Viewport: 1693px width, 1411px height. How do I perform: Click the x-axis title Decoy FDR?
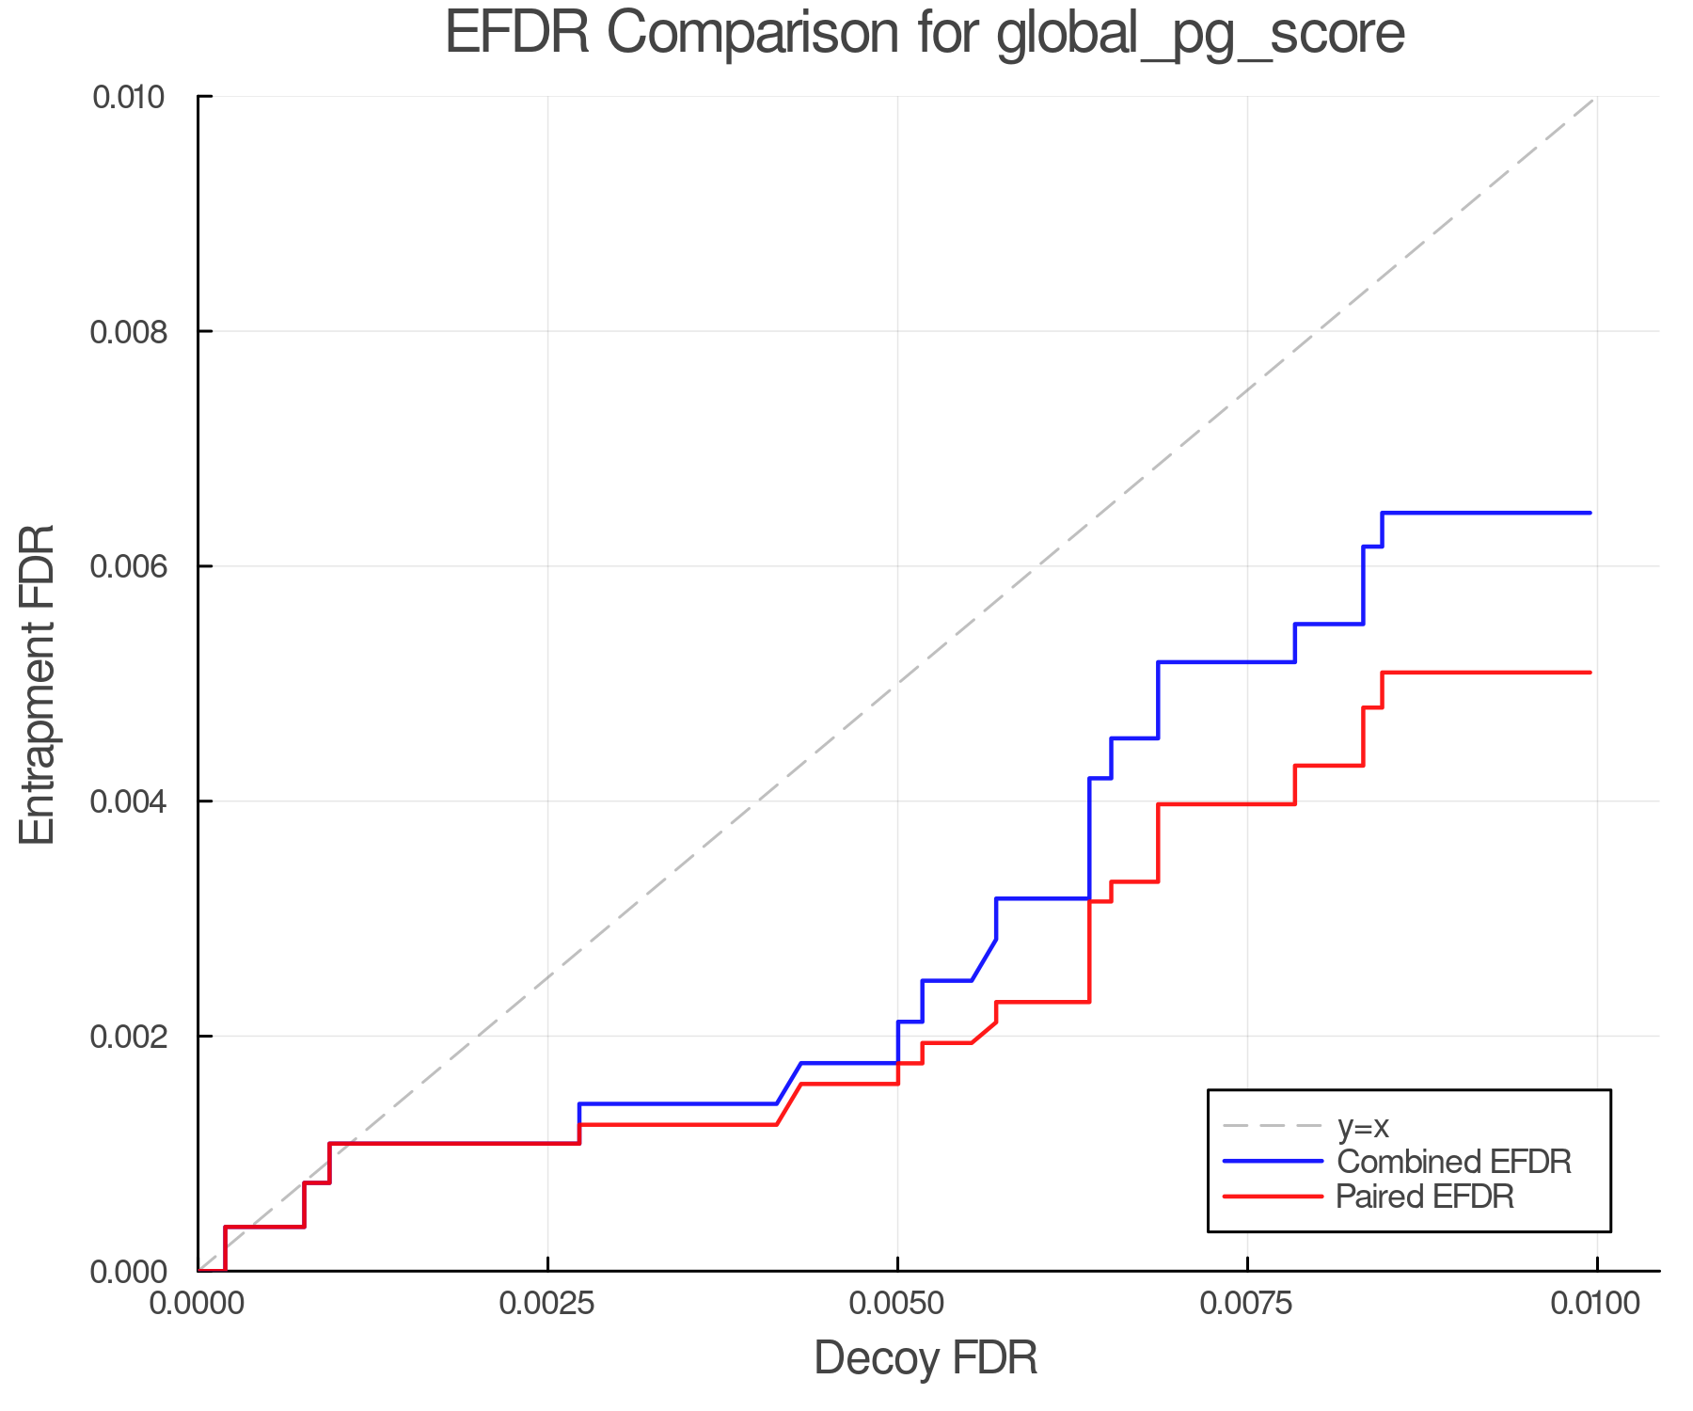(x=926, y=1357)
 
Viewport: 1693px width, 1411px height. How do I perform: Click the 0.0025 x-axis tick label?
(x=547, y=1304)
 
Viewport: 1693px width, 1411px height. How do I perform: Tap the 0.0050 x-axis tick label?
(x=897, y=1304)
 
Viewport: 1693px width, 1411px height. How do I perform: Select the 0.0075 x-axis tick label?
(x=1247, y=1304)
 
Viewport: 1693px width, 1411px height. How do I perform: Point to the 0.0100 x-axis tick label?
(x=1596, y=1304)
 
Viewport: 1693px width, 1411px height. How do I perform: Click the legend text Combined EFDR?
(x=1453, y=1162)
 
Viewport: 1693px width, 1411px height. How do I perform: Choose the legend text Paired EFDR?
(x=1425, y=1197)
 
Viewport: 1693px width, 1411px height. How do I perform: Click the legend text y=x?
(x=1363, y=1126)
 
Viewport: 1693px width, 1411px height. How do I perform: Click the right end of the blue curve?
(x=1590, y=513)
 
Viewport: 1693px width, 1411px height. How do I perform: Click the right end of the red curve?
(x=1590, y=673)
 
